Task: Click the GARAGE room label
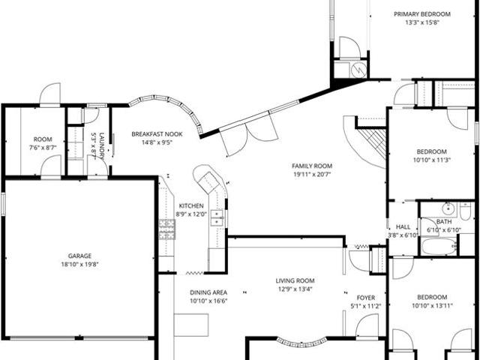click(x=79, y=256)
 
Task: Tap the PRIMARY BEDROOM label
click(x=421, y=14)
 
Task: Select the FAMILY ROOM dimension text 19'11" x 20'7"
click(x=312, y=175)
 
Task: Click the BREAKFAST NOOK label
click(x=157, y=134)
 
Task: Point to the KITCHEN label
click(x=191, y=205)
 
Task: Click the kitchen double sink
click(x=217, y=217)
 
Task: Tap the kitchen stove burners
click(x=166, y=229)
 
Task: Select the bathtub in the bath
click(x=439, y=247)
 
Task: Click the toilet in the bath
click(x=465, y=211)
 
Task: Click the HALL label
click(x=403, y=226)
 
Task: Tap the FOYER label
click(x=366, y=298)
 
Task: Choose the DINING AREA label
click(x=208, y=292)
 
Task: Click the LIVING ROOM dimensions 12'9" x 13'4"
click(x=295, y=289)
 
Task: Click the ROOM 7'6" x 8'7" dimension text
click(x=43, y=148)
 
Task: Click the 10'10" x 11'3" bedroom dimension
click(x=432, y=160)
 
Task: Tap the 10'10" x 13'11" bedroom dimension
click(x=432, y=305)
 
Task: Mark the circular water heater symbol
click(x=358, y=70)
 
